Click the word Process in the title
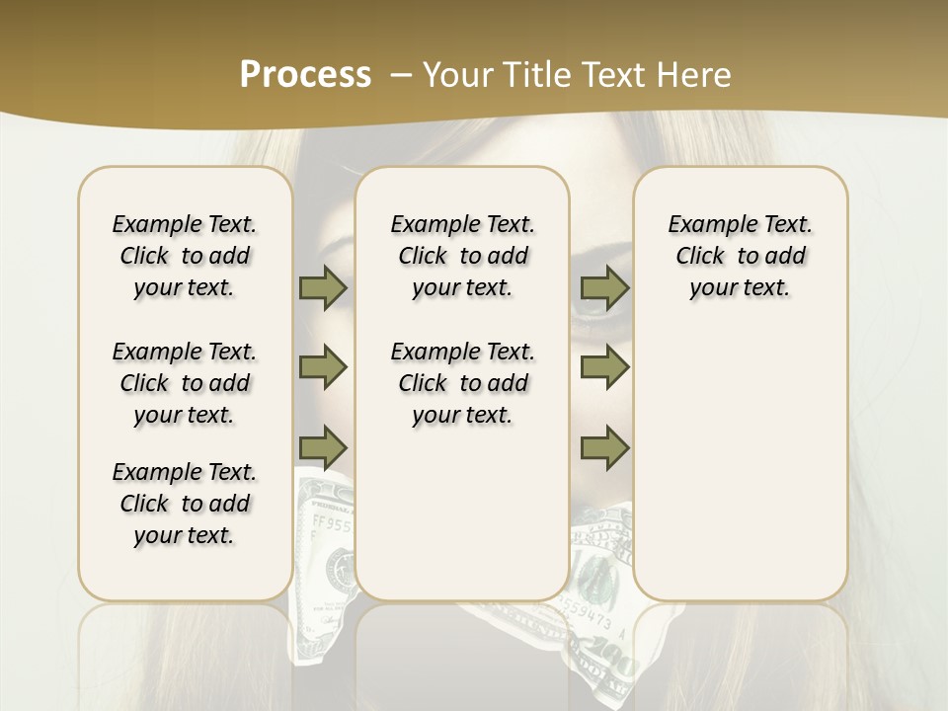(x=305, y=74)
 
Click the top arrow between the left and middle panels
(x=323, y=288)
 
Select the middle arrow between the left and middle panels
(x=323, y=367)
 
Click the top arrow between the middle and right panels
(x=604, y=288)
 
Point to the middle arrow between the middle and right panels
(x=604, y=367)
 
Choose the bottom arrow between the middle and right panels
(x=604, y=448)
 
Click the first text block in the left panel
(x=185, y=256)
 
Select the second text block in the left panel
(x=185, y=383)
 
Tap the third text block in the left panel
(x=185, y=504)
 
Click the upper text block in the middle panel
(x=462, y=256)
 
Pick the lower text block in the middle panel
(x=462, y=383)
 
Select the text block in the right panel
(x=740, y=256)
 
